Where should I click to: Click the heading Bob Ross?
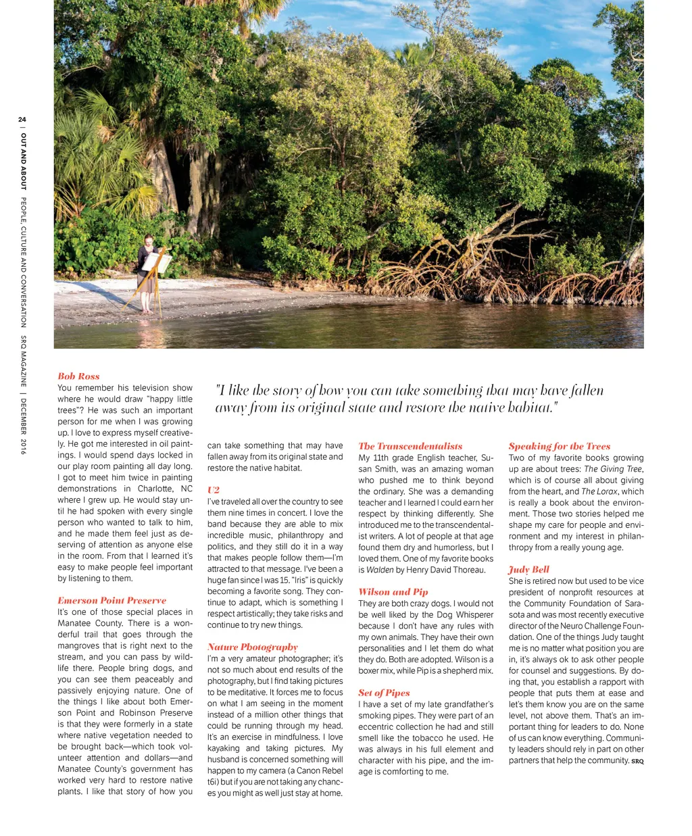pyautogui.click(x=78, y=376)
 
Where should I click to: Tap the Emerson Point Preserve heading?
pyautogui.click(x=112, y=600)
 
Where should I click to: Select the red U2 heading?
pyautogui.click(x=214, y=489)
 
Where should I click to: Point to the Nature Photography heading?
pyautogui.click(x=252, y=647)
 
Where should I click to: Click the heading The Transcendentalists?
pyautogui.click(x=410, y=446)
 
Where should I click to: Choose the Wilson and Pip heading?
pyautogui.click(x=393, y=591)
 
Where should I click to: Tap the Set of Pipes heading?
pyautogui.click(x=384, y=693)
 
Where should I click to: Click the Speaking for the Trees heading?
pyautogui.click(x=559, y=446)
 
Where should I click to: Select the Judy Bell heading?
pyautogui.click(x=528, y=569)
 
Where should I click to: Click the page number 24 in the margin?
pyautogui.click(x=22, y=120)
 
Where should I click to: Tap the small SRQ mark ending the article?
pyautogui.click(x=637, y=762)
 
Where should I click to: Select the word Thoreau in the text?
pyautogui.click(x=467, y=570)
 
